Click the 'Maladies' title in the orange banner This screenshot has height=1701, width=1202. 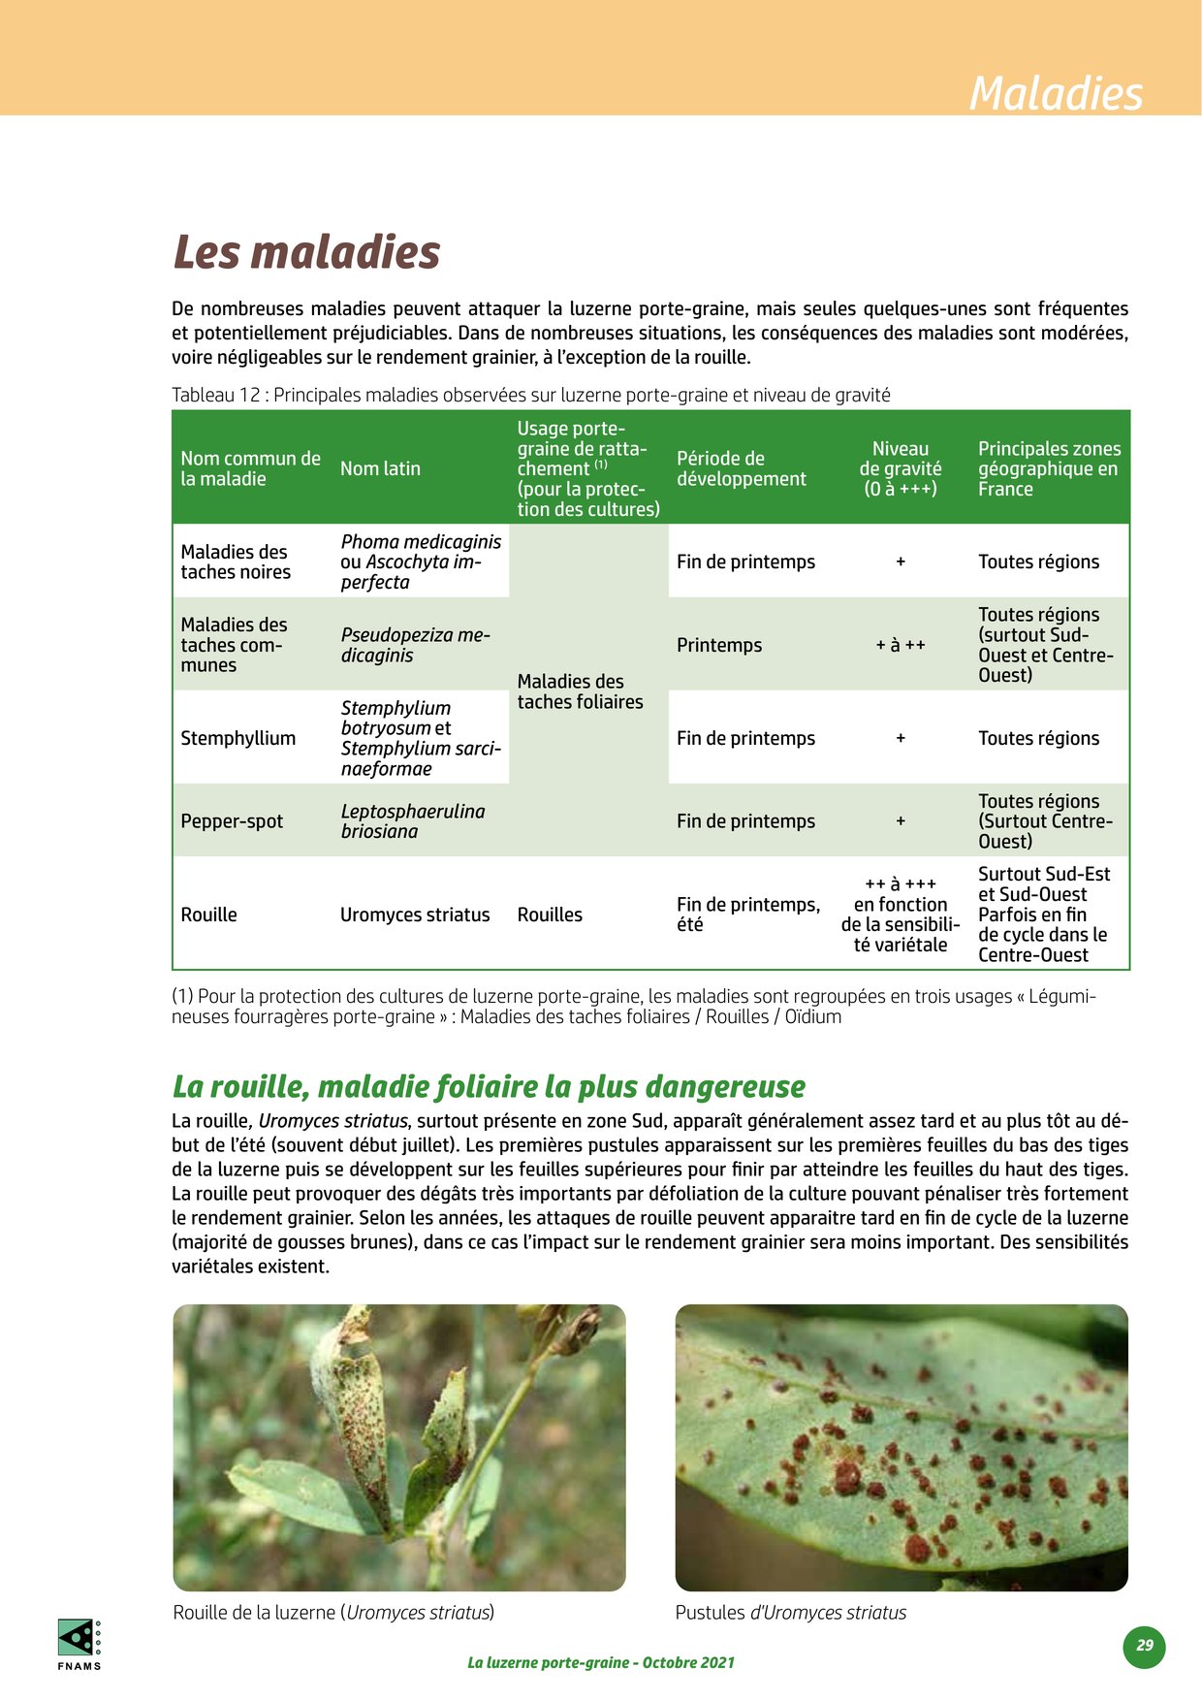(1056, 93)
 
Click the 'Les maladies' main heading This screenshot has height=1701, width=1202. (306, 252)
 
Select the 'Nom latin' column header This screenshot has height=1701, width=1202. (380, 468)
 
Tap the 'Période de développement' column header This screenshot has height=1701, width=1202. (741, 468)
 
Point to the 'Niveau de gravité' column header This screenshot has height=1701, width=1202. (900, 468)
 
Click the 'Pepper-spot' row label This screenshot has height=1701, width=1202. (232, 821)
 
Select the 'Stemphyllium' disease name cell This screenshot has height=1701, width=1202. (237, 738)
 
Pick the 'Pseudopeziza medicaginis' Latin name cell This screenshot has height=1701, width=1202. (415, 645)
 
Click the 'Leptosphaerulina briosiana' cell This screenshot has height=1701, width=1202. (412, 821)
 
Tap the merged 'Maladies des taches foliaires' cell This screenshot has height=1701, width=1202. (580, 691)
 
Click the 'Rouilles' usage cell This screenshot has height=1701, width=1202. (550, 915)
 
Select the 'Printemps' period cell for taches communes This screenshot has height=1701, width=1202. (719, 645)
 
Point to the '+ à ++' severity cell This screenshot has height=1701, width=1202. (900, 645)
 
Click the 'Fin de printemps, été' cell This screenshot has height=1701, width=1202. (747, 915)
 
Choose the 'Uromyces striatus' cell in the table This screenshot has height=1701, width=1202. (415, 915)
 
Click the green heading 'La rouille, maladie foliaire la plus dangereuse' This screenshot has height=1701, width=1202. (489, 1086)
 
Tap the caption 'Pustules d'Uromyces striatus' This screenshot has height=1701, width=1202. (790, 1613)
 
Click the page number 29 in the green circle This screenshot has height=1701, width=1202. (1145, 1646)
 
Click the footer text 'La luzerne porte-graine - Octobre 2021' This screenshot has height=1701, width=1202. (601, 1662)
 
